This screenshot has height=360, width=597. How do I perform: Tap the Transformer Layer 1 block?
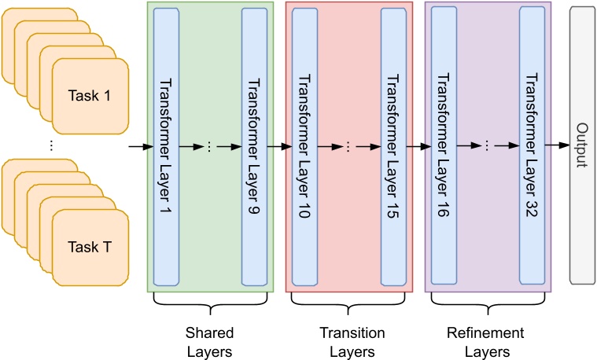(x=168, y=147)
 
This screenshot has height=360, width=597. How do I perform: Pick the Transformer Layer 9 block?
(x=254, y=147)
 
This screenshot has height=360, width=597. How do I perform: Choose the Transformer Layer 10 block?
(x=305, y=147)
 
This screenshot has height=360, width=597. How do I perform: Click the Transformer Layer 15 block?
(x=392, y=147)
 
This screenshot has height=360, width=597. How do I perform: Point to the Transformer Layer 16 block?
(x=444, y=147)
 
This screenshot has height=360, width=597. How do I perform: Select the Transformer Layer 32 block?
(x=532, y=147)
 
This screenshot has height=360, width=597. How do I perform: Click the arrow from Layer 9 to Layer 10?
(x=279, y=147)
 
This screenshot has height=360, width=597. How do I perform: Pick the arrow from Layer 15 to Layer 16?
(x=418, y=147)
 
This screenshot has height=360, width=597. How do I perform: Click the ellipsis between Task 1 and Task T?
(x=51, y=145)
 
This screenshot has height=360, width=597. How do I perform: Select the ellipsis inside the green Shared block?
(x=210, y=147)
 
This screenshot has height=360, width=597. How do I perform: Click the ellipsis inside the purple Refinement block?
(x=488, y=147)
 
